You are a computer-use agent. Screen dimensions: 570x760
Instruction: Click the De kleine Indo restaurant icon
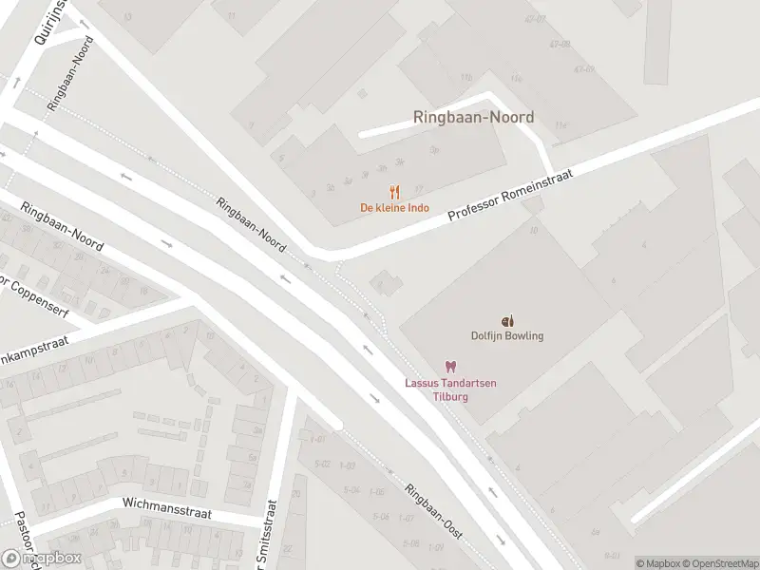394,191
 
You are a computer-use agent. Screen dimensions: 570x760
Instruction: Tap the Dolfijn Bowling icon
507,320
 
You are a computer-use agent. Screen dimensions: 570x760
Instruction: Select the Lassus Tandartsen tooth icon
451,367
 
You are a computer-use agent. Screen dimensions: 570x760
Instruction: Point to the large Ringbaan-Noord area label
473,118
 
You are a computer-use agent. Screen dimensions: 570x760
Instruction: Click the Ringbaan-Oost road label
433,512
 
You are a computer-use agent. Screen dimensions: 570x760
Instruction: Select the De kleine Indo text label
394,208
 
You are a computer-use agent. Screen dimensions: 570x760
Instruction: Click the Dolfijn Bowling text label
507,335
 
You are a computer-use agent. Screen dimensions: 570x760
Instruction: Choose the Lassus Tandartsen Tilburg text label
451,389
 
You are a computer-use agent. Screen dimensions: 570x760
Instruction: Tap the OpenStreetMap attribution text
722,563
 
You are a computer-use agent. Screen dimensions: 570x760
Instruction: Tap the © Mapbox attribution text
659,563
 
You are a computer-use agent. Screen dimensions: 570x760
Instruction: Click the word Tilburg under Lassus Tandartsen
451,395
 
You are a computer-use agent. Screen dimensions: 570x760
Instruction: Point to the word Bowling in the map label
524,335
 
